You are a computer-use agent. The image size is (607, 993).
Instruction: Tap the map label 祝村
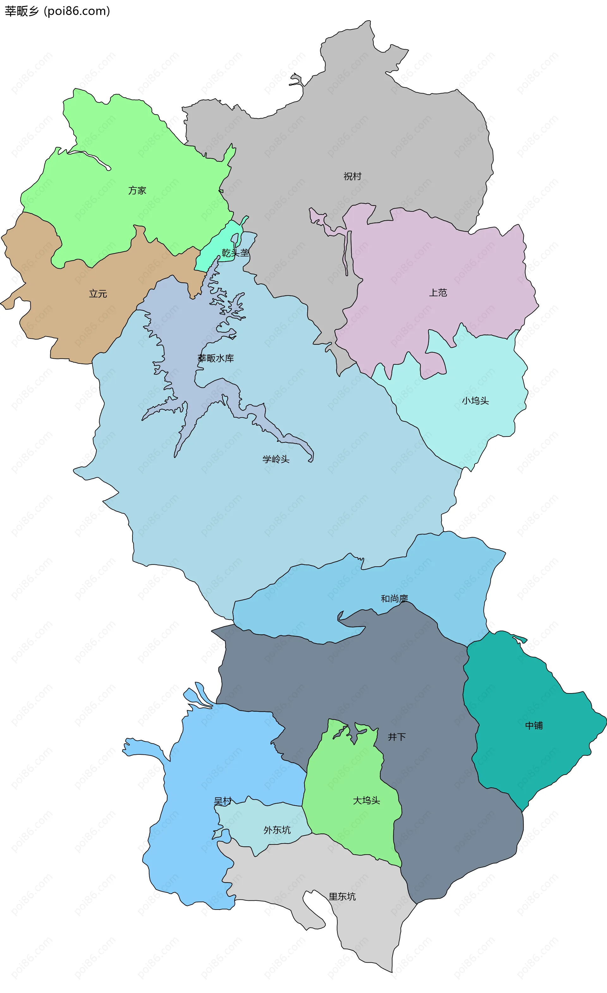(x=352, y=176)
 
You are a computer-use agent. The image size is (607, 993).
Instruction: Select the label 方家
(x=137, y=190)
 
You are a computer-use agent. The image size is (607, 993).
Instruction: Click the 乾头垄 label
(x=236, y=253)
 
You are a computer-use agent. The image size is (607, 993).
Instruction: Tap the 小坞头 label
(x=475, y=401)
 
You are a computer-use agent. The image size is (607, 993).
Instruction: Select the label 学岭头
(x=276, y=459)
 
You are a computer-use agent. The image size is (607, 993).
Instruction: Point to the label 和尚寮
(x=395, y=599)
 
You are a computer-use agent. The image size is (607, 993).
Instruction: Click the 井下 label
(x=397, y=737)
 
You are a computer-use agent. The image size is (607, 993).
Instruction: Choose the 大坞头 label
(x=366, y=800)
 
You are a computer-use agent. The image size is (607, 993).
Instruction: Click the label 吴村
(x=223, y=801)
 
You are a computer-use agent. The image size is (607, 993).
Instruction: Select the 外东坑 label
(x=277, y=830)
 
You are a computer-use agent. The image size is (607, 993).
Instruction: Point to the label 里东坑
(x=342, y=896)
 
